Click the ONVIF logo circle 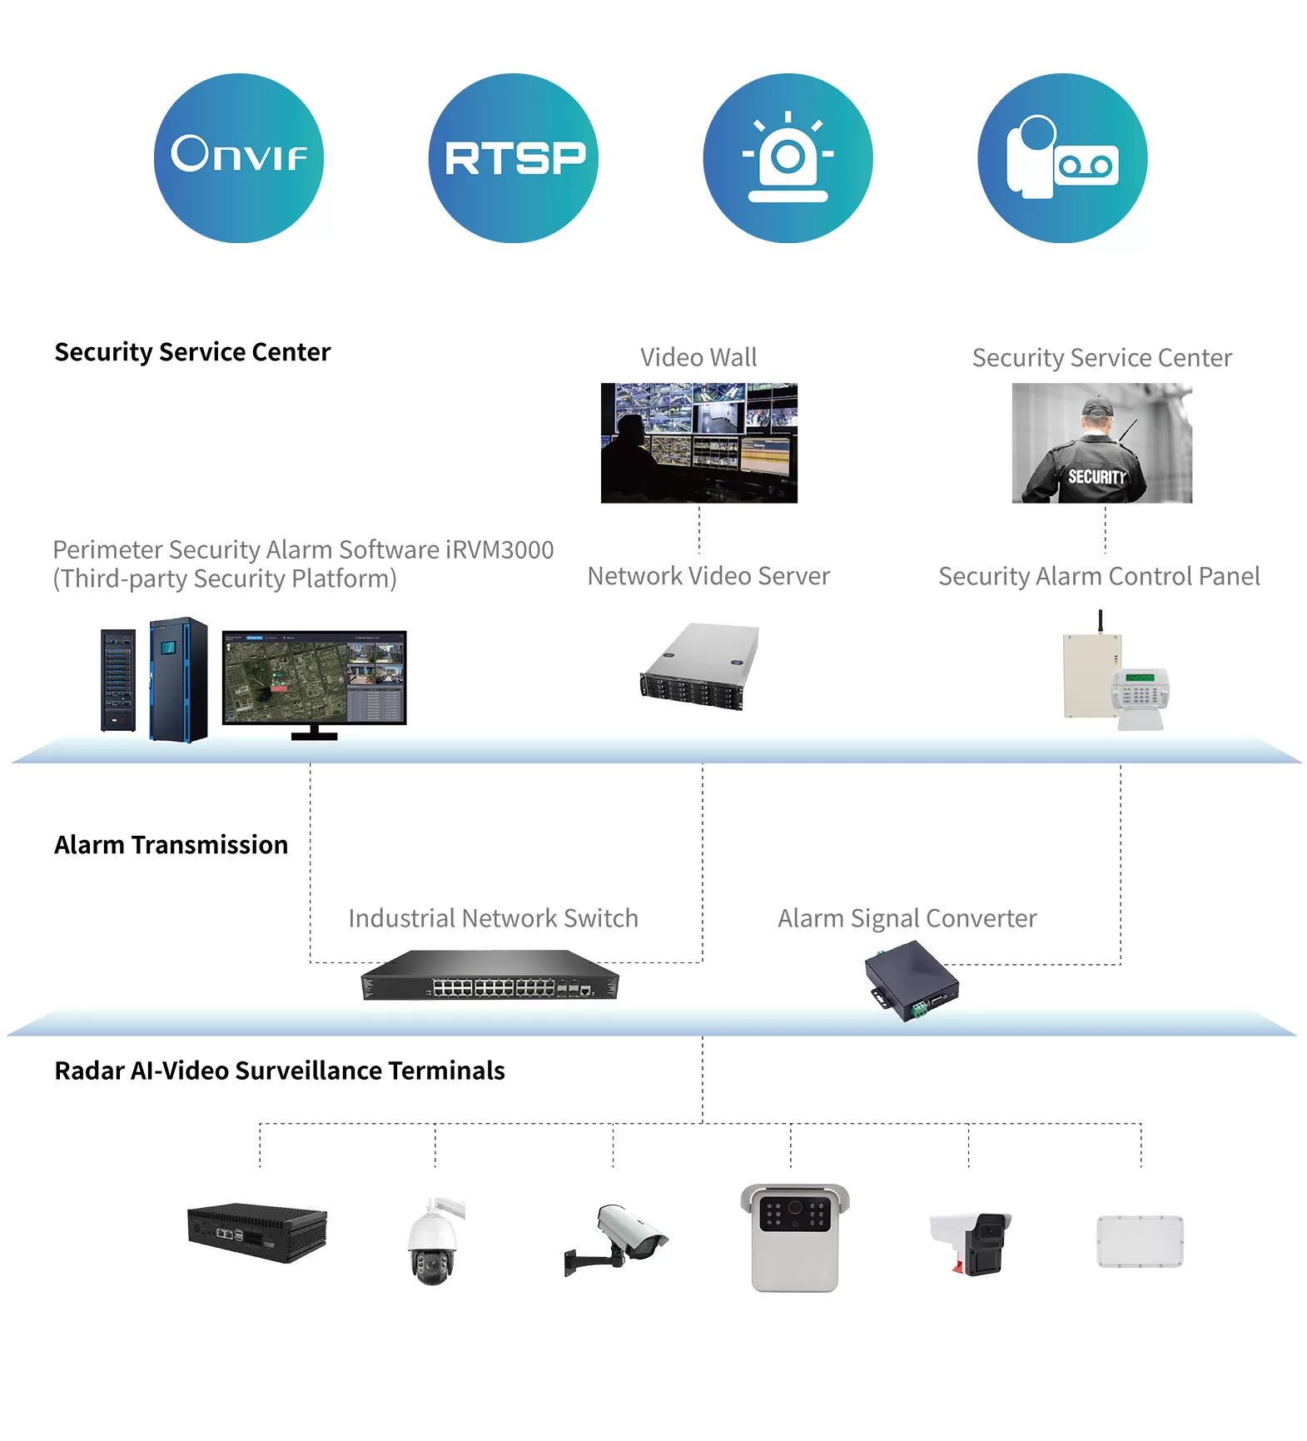[239, 158]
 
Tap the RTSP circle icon [514, 158]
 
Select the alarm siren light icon [788, 158]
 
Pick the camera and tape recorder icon [1063, 158]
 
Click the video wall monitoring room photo [699, 443]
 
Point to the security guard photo [1102, 443]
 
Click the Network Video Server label [708, 576]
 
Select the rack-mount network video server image [699, 666]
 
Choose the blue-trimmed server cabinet [178, 679]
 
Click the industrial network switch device [490, 975]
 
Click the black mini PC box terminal [257, 1232]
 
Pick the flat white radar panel [1140, 1241]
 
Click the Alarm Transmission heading [171, 845]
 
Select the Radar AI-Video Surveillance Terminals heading [280, 1071]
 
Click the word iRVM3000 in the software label [500, 549]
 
